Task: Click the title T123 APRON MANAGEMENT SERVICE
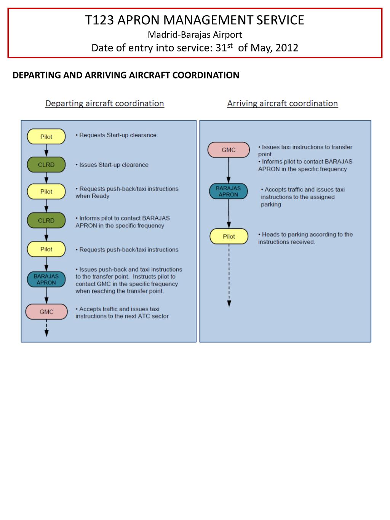click(195, 20)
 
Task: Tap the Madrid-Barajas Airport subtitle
click(195, 35)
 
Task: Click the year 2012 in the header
click(287, 48)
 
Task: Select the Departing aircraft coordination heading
click(104, 104)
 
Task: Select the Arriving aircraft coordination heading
click(282, 104)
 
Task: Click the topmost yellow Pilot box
click(46, 137)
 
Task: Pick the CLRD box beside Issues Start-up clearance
click(46, 165)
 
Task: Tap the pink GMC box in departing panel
click(46, 312)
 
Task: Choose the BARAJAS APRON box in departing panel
click(46, 280)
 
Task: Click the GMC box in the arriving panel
click(229, 150)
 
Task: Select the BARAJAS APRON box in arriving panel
click(229, 191)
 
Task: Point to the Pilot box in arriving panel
click(229, 237)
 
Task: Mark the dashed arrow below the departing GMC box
click(46, 328)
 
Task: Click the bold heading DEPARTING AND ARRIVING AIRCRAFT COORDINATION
click(126, 75)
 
